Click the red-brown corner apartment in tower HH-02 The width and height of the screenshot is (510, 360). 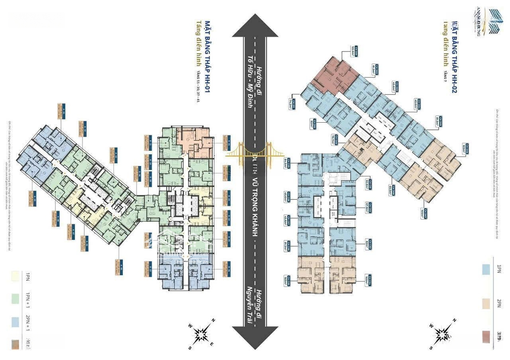click(x=333, y=73)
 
